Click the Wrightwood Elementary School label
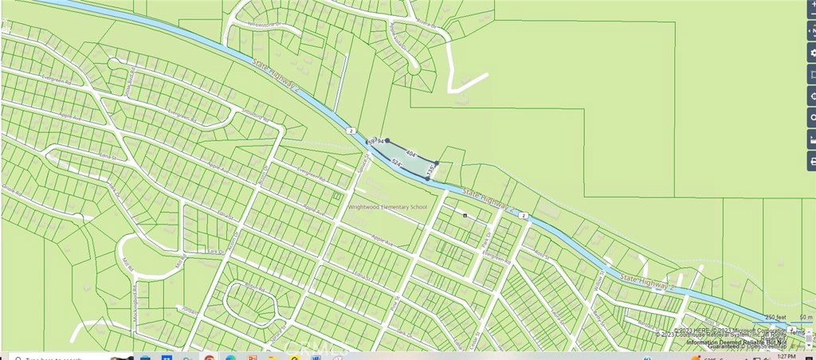(x=387, y=207)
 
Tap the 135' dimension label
(x=430, y=170)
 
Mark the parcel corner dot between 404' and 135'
(x=437, y=163)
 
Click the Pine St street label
(x=396, y=303)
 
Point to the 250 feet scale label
(x=775, y=317)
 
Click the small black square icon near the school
(x=465, y=214)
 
